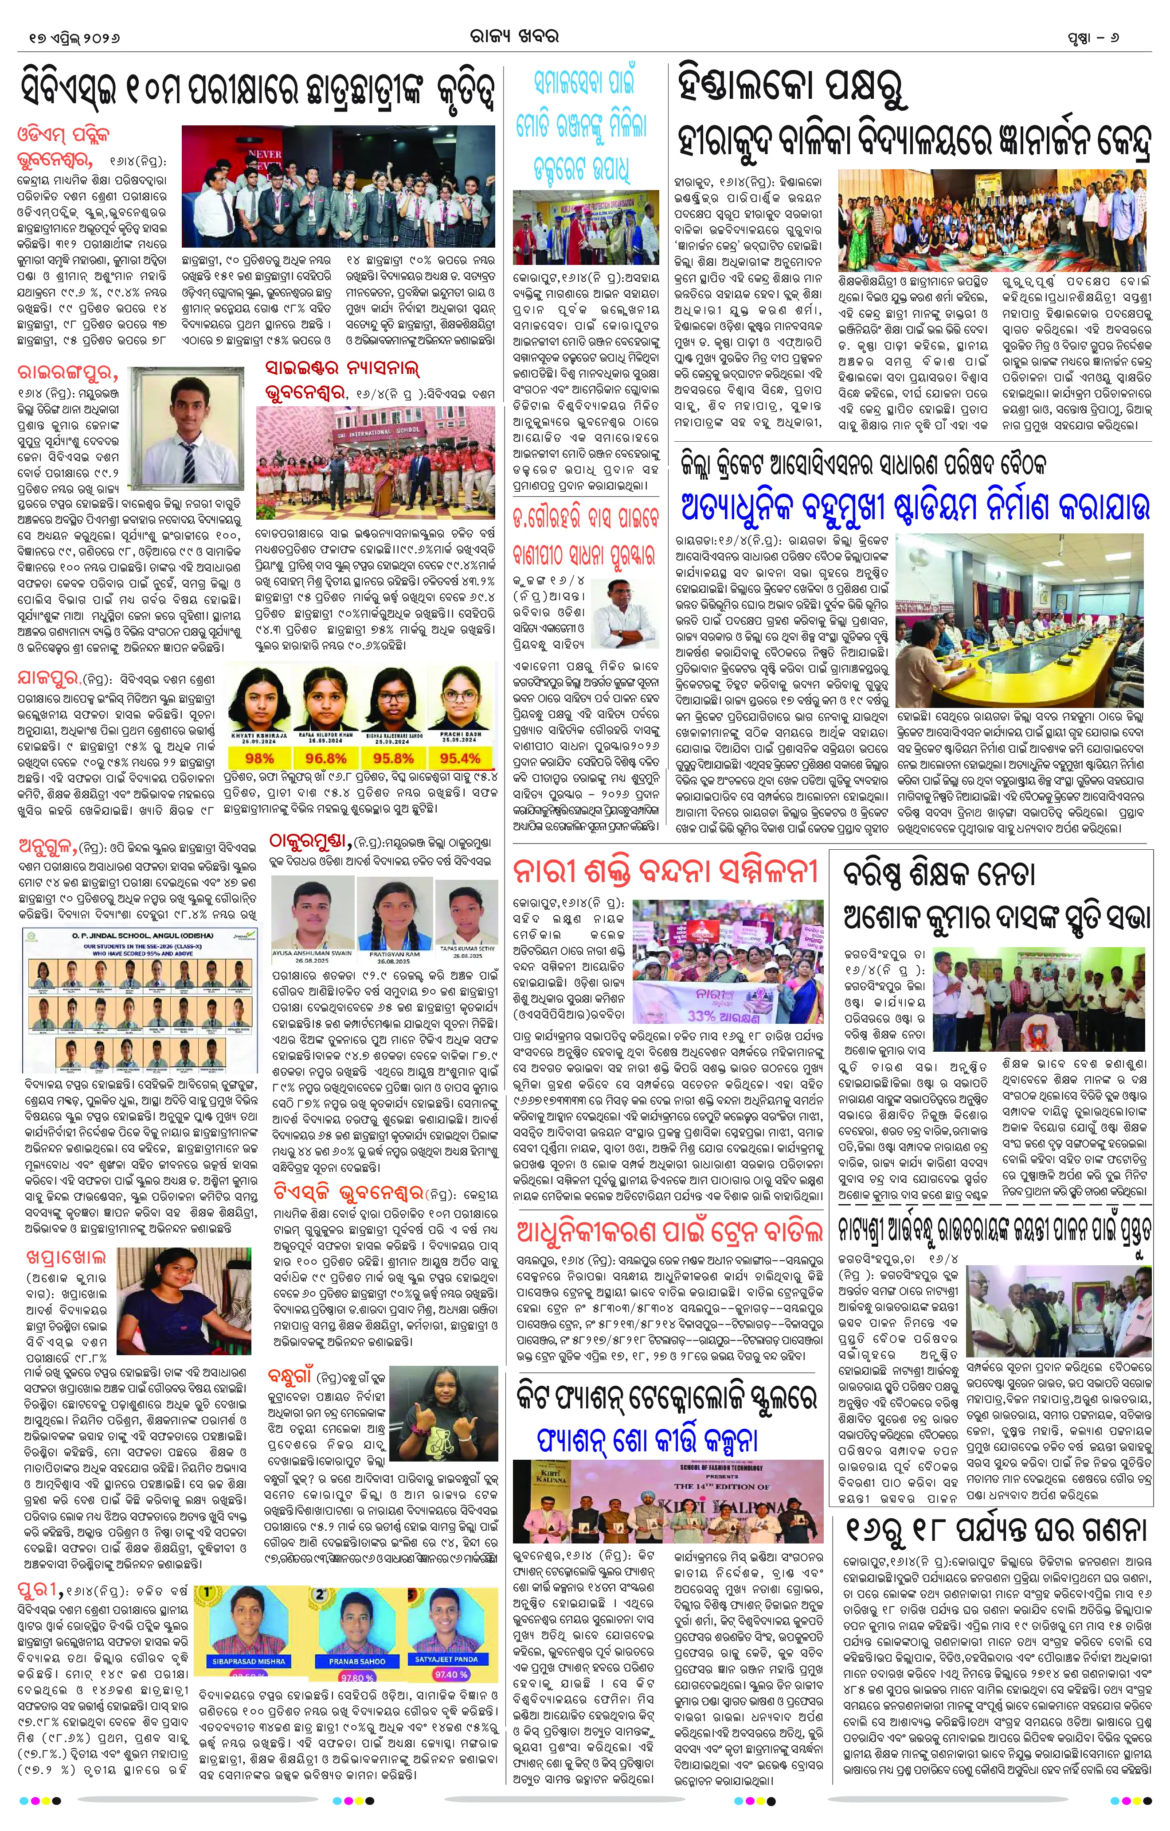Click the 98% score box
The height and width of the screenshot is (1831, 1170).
259,758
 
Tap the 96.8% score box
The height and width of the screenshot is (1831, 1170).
325,758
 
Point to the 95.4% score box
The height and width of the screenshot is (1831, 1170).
459,758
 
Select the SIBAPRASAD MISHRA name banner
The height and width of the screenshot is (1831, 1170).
249,1661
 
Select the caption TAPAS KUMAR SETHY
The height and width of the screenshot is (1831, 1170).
467,948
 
